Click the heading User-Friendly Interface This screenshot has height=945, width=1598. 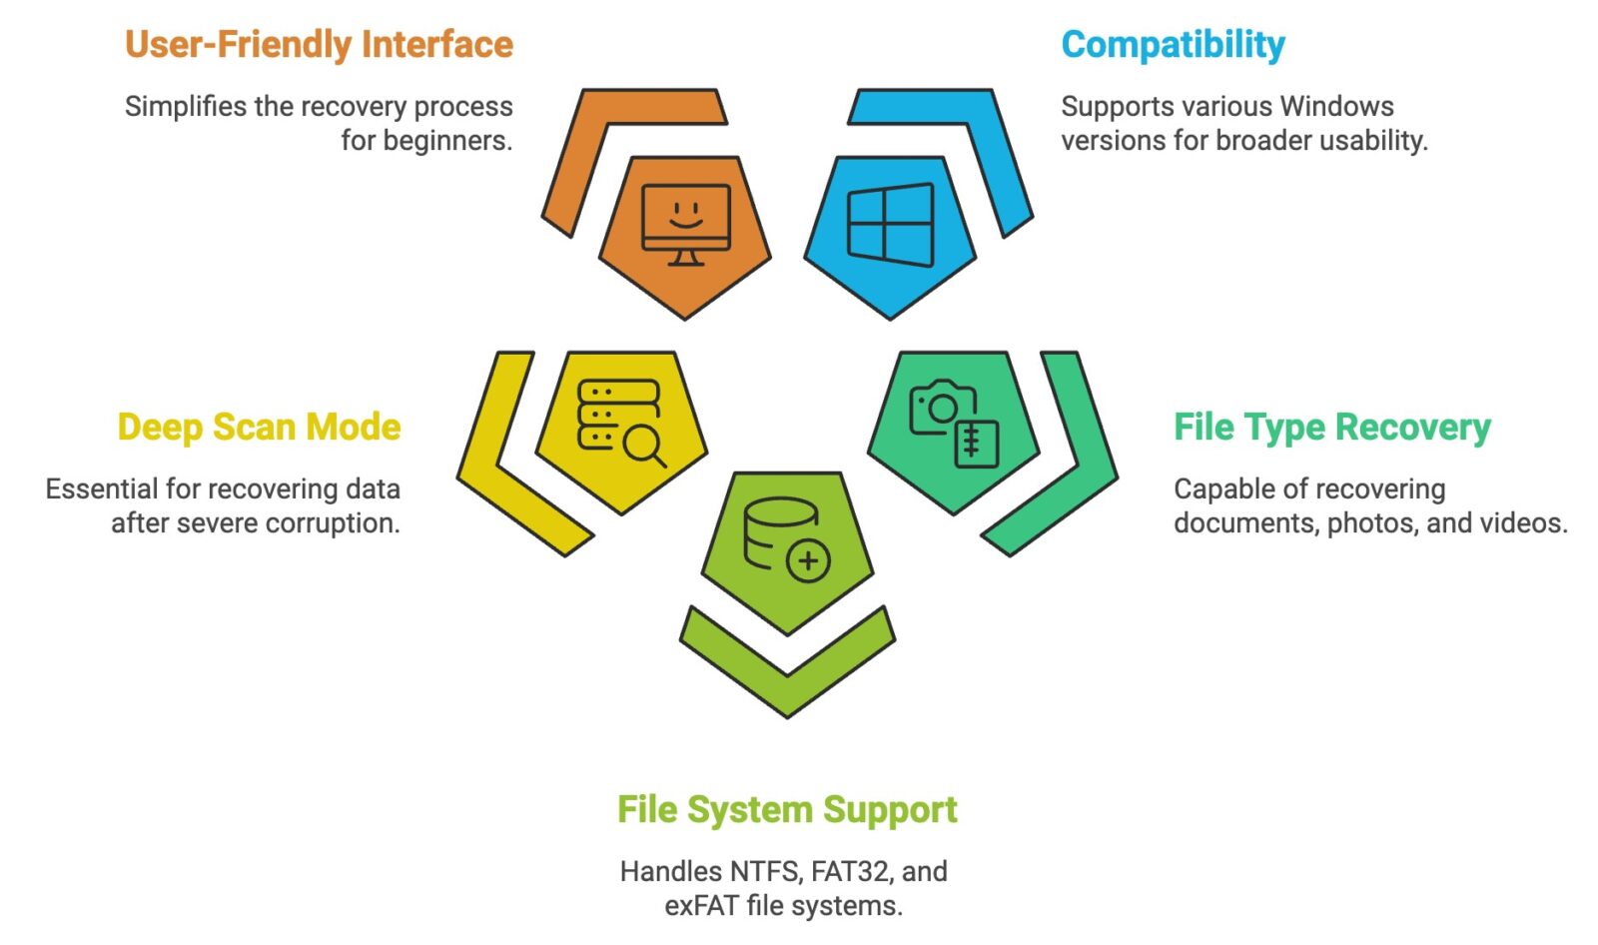pos(319,45)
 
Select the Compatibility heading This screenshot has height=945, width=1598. pos(1173,45)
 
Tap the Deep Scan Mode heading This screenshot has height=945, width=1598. pos(259,428)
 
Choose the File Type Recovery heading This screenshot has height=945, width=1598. pos(1331,428)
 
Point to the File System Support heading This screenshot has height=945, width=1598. pos(787,810)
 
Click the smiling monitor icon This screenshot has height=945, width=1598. pos(685,226)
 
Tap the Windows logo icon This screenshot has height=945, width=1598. pos(890,225)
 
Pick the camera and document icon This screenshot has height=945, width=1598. pos(954,423)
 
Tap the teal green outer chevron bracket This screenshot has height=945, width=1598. pos(1069,460)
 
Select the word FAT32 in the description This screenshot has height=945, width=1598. pos(849,872)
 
